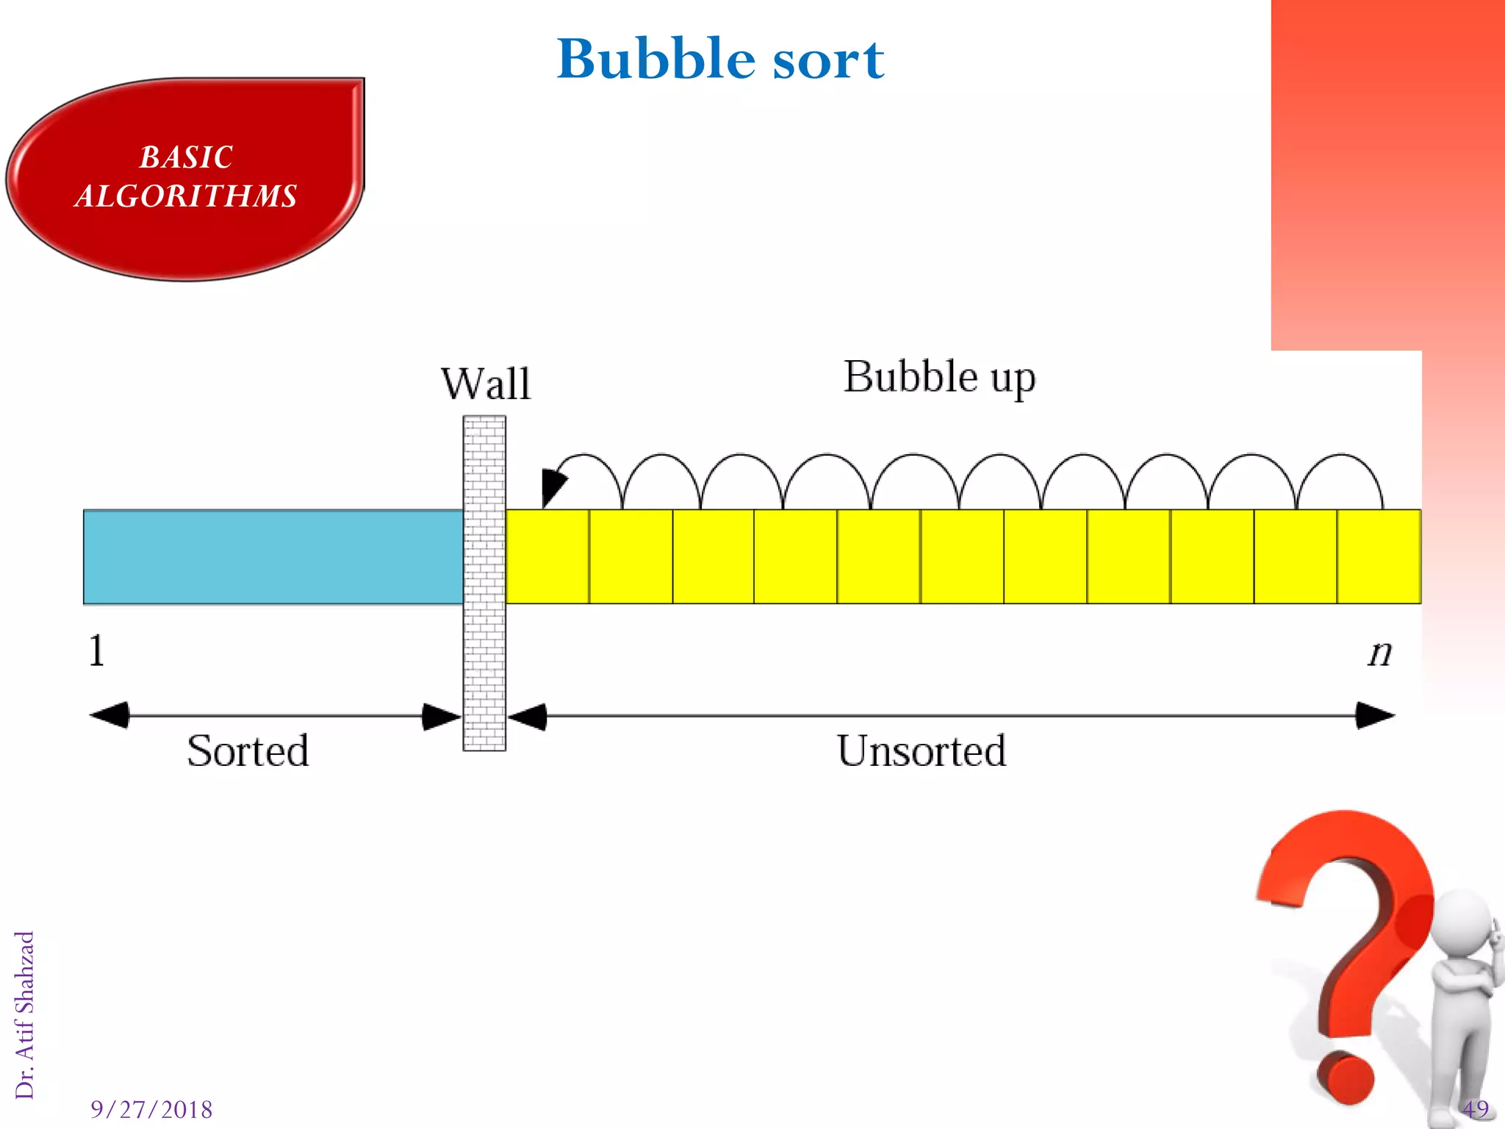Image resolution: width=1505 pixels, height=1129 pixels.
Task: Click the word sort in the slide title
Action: pos(828,60)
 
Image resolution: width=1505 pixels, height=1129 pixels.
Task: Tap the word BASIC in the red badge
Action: pos(186,157)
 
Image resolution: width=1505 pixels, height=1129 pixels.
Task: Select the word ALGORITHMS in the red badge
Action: pos(186,196)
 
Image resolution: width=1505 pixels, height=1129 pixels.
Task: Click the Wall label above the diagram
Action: pos(486,384)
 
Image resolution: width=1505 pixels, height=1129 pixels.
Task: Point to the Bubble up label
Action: pos(939,378)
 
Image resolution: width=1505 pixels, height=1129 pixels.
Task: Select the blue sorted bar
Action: pos(273,557)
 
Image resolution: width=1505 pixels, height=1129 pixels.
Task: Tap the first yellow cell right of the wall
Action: pos(547,557)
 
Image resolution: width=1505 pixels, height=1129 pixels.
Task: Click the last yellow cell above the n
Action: pos(1379,557)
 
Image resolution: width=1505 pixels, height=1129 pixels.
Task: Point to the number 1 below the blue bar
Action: pos(96,651)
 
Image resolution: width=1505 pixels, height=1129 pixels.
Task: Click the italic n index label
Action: pos(1380,653)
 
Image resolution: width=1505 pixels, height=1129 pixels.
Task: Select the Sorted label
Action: pos(248,750)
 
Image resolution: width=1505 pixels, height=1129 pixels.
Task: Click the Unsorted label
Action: pos(922,750)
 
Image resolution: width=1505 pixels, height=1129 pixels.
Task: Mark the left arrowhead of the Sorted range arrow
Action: pos(109,715)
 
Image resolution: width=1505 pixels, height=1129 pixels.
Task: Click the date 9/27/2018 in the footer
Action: pos(151,1109)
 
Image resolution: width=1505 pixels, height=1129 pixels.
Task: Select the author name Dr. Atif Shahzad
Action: pos(25,1015)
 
